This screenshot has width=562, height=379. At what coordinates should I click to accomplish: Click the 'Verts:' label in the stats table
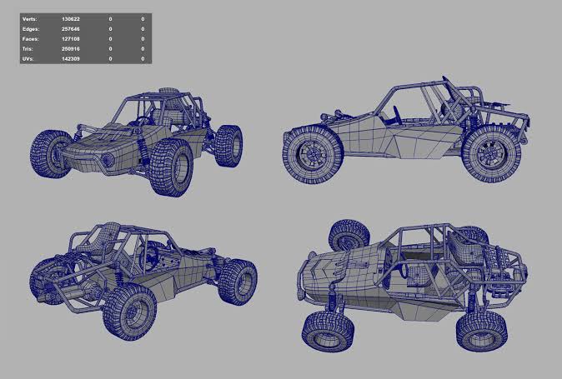tap(29, 19)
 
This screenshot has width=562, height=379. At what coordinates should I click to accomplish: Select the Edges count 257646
tap(71, 29)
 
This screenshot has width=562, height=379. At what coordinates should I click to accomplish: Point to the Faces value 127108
tap(71, 38)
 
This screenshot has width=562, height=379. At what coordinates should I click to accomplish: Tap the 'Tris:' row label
tap(28, 48)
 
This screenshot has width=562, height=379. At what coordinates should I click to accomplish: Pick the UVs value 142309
tap(71, 58)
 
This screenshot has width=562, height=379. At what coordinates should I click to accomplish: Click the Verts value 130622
tap(71, 19)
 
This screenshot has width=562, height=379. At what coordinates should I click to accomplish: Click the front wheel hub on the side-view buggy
tap(313, 155)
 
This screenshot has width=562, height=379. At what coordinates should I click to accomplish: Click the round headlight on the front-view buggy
tap(108, 160)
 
